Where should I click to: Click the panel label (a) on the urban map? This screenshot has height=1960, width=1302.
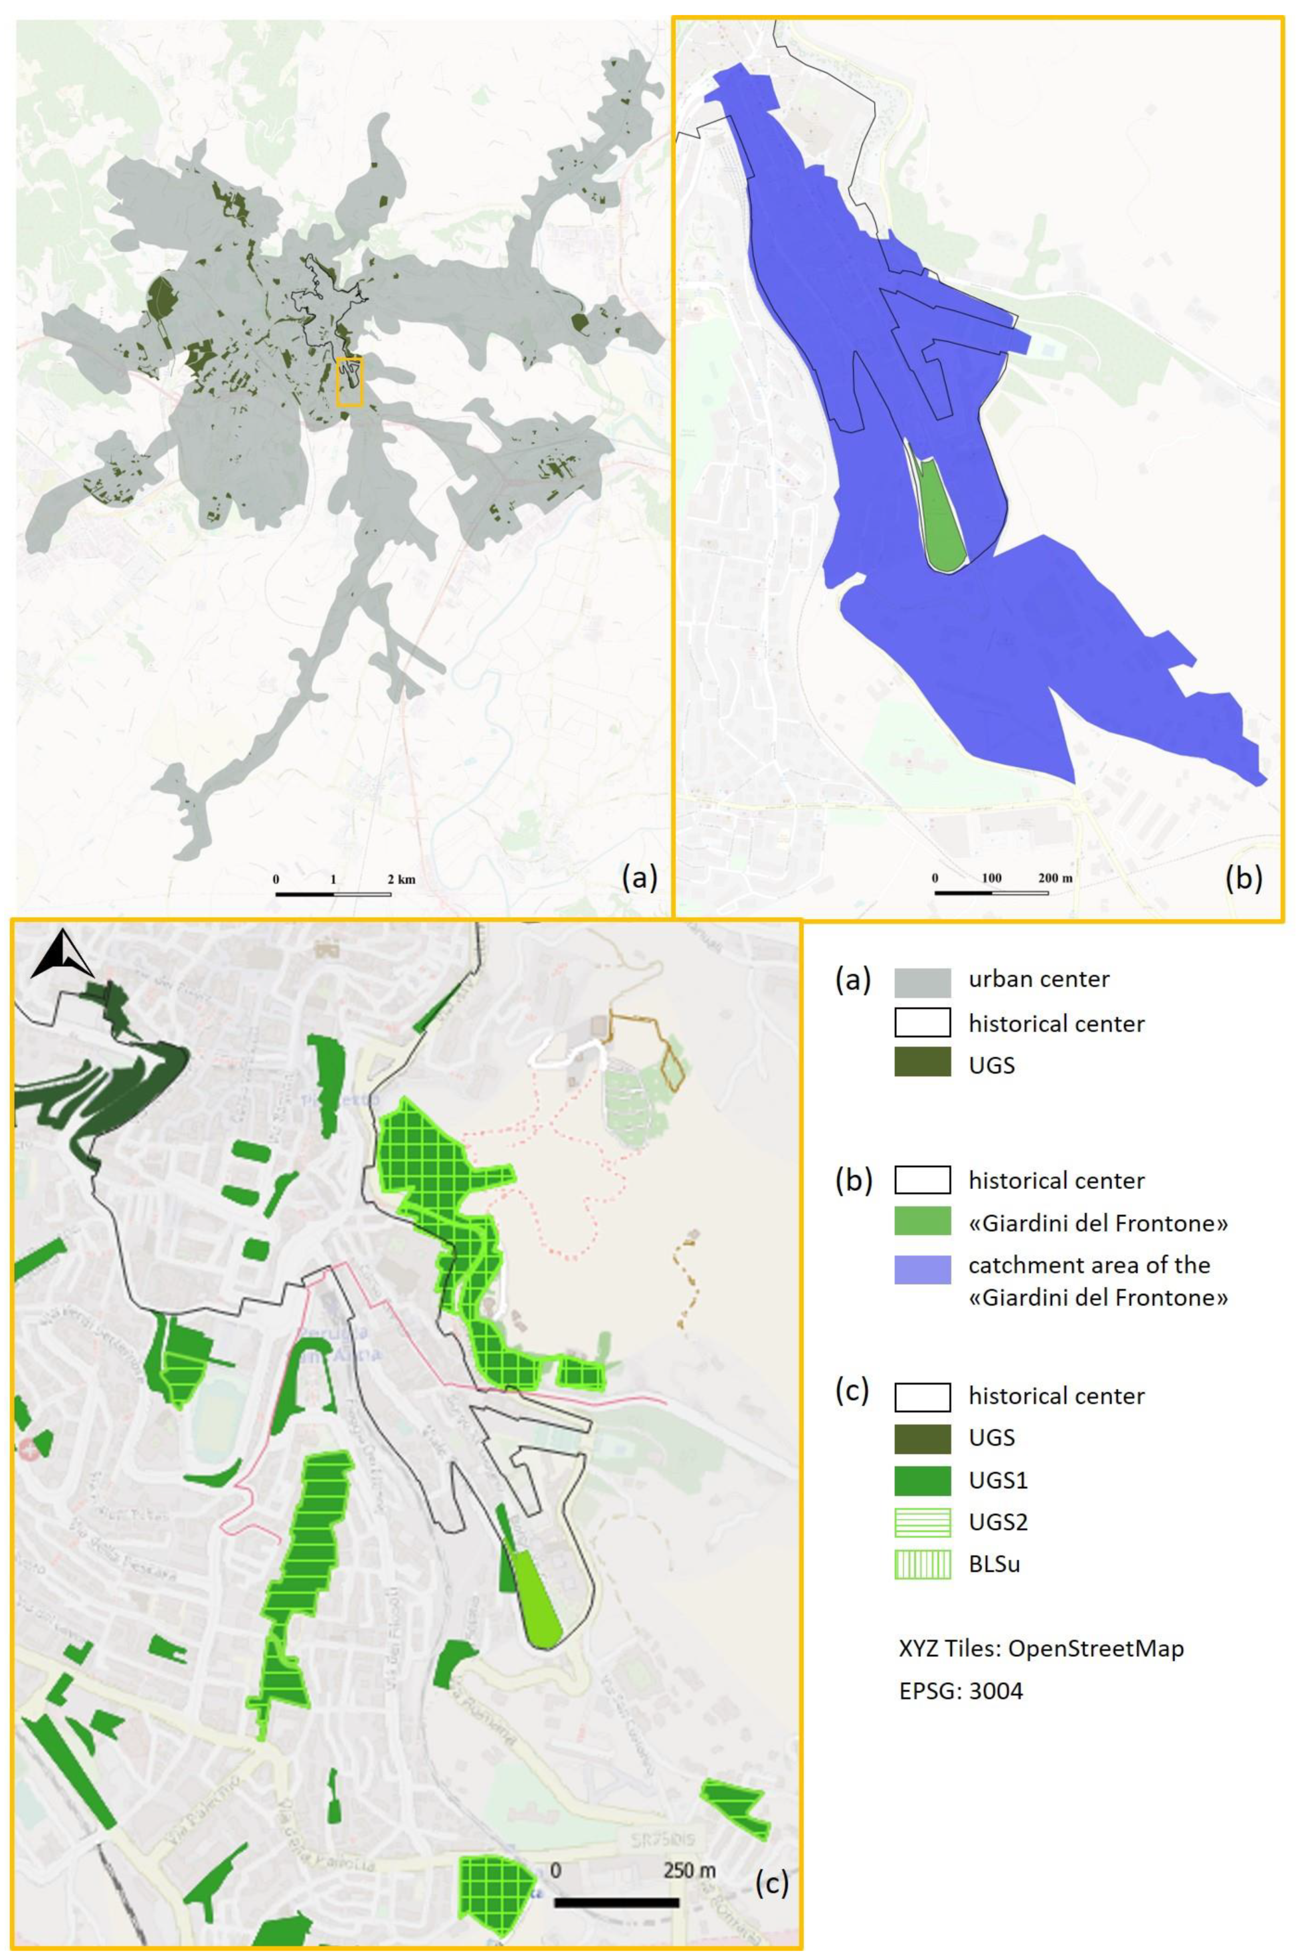pyautogui.click(x=639, y=877)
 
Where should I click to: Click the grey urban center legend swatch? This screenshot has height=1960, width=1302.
pyautogui.click(x=922, y=982)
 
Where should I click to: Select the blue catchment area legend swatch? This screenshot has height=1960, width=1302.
pyautogui.click(x=922, y=1270)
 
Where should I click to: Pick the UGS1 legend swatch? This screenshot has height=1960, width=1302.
pyautogui.click(x=922, y=1481)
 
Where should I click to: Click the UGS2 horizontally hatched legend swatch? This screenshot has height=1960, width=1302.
pyautogui.click(x=922, y=1522)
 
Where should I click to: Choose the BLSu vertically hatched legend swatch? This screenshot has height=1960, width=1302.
pyautogui.click(x=922, y=1564)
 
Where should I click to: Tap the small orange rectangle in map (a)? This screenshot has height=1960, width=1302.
pyautogui.click(x=350, y=381)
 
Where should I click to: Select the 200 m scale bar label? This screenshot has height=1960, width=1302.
pyautogui.click(x=1055, y=878)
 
